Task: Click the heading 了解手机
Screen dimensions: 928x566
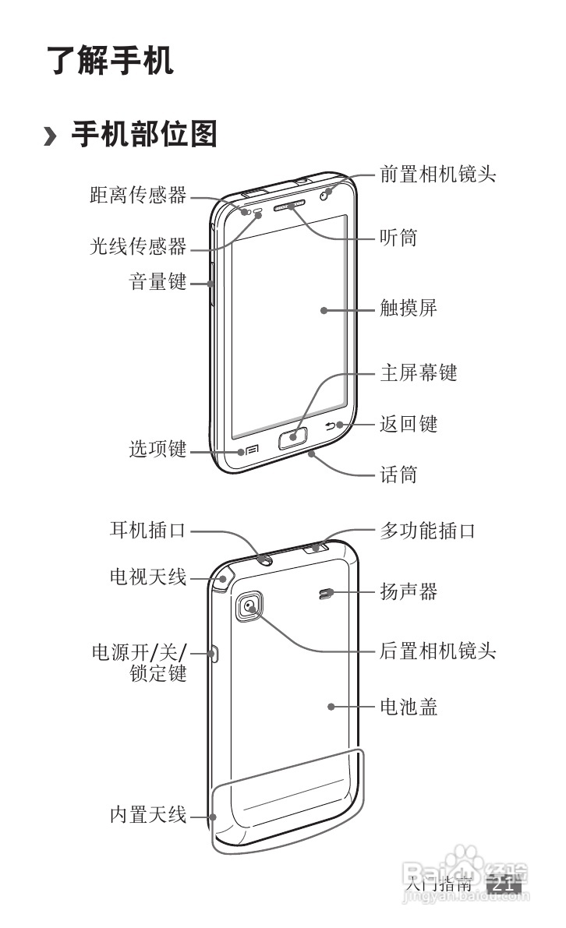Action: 109,61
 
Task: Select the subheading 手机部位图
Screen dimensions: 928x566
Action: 143,134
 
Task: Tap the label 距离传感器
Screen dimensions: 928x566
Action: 138,195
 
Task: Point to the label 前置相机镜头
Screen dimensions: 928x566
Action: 437,174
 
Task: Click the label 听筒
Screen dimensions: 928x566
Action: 398,237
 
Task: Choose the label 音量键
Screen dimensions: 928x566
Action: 157,281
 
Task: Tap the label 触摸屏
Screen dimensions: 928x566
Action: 408,308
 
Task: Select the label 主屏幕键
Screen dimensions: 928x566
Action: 418,372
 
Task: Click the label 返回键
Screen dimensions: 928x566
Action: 408,424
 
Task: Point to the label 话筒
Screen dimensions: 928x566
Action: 398,474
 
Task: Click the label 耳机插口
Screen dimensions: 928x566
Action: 147,531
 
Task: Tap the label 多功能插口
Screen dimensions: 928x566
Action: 427,531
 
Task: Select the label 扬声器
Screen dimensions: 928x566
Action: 408,592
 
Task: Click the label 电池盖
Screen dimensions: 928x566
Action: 408,707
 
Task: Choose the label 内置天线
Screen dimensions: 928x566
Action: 147,816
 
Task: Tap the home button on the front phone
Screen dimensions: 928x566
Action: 292,439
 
